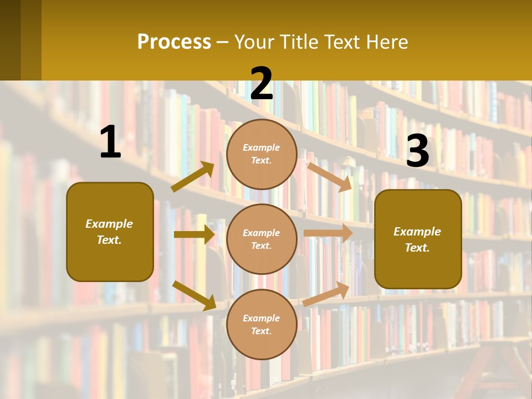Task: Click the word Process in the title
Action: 174,42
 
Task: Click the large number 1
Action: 110,142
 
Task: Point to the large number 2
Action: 262,84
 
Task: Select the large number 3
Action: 417,151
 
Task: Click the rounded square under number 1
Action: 110,232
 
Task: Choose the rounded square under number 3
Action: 418,239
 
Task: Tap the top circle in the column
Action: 262,154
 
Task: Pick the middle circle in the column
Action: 262,239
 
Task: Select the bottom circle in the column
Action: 262,324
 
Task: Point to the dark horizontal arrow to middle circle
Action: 194,234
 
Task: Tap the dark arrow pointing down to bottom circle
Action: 195,295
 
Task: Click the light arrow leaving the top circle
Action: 330,177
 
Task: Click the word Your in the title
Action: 254,42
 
